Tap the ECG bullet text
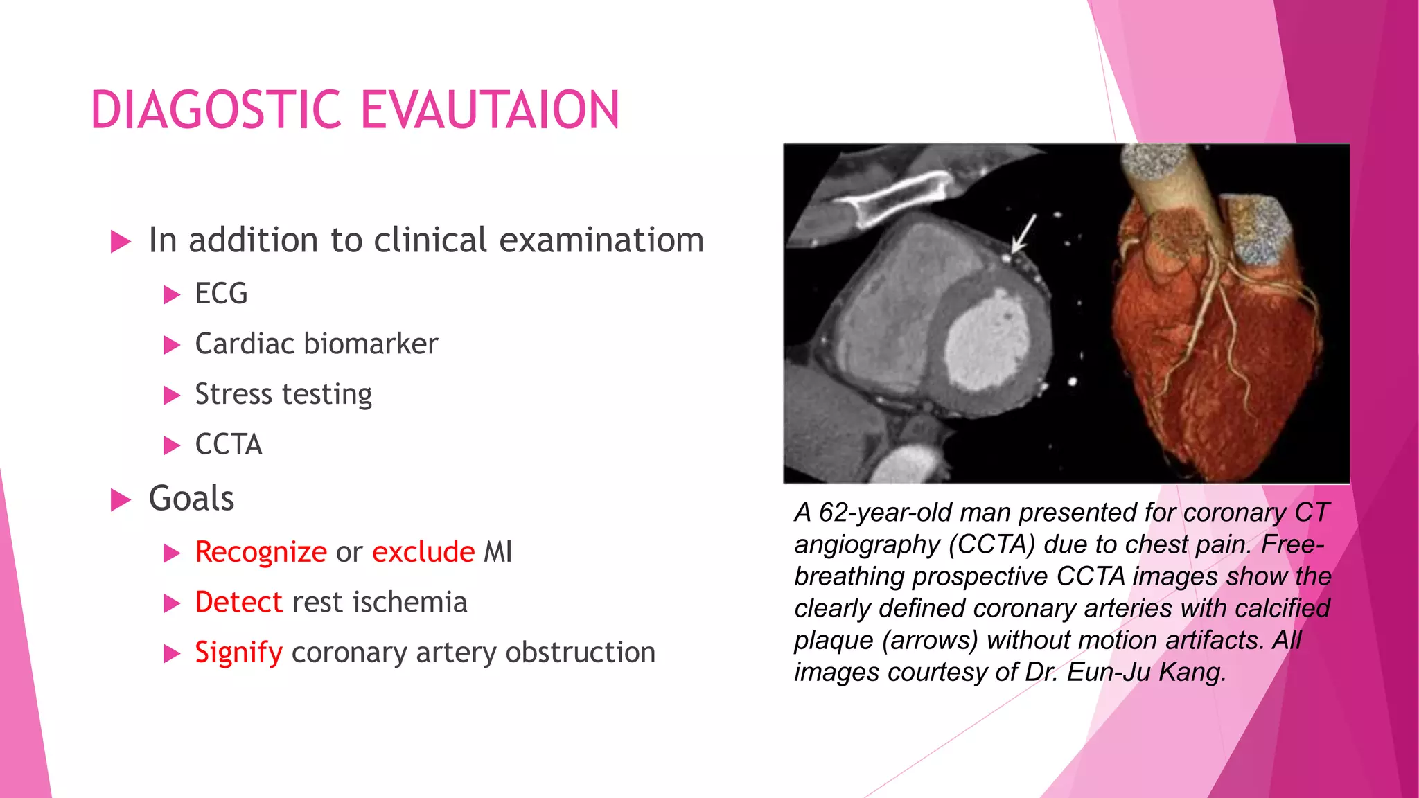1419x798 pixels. [221, 294]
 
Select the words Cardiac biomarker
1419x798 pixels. [317, 344]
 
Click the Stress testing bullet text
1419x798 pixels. [283, 394]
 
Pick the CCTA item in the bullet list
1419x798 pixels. [229, 445]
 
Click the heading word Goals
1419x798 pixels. [192, 499]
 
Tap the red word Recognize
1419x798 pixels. [261, 552]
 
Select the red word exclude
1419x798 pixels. [423, 552]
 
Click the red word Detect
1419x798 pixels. [239, 603]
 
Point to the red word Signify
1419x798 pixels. [239, 653]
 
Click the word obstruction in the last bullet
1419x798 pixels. [580, 653]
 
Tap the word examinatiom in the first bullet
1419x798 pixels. [601, 240]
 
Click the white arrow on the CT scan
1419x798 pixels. [1023, 234]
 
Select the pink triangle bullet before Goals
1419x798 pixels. [121, 500]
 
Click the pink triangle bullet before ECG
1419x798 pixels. [171, 296]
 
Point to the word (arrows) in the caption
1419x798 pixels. [930, 640]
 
